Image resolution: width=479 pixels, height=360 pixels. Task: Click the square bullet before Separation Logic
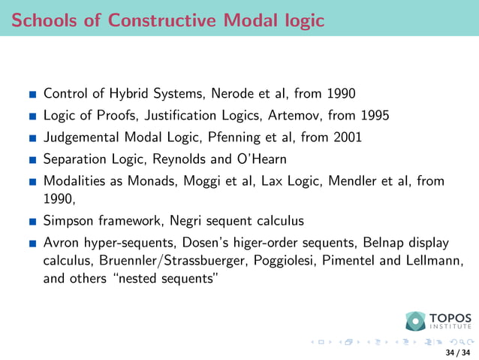click(32, 159)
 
